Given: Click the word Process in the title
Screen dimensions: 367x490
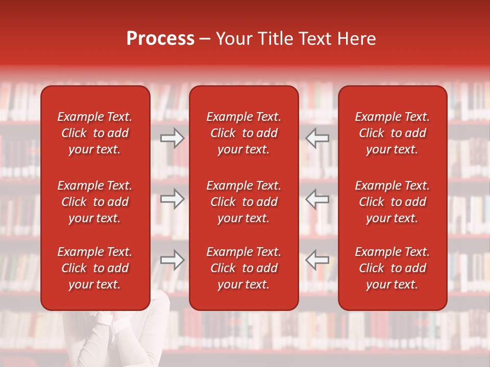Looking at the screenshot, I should point(160,39).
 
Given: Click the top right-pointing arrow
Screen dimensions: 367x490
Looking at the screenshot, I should point(172,138).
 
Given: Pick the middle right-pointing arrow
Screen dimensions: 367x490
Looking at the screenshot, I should point(172,199).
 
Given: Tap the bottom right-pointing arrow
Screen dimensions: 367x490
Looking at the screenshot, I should point(172,259).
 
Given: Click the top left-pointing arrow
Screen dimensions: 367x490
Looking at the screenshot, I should point(317,138).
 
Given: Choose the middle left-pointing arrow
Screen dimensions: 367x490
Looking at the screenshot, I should point(317,199).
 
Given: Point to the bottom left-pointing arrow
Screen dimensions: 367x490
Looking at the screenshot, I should point(317,259).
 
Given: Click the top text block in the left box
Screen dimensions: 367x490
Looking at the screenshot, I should point(95,133).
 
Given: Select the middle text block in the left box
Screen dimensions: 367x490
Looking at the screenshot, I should point(95,202).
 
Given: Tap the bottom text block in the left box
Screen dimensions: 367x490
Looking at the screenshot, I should point(95,268).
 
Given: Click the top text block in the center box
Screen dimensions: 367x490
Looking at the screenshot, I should point(243,133).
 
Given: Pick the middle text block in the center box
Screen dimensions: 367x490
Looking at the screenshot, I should point(243,202).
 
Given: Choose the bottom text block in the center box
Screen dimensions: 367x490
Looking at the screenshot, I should point(243,268).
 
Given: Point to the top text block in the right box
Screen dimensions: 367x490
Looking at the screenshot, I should point(392,133).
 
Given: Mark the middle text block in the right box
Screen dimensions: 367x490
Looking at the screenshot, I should point(392,202).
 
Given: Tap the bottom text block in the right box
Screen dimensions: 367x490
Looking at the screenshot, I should point(392,268).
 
